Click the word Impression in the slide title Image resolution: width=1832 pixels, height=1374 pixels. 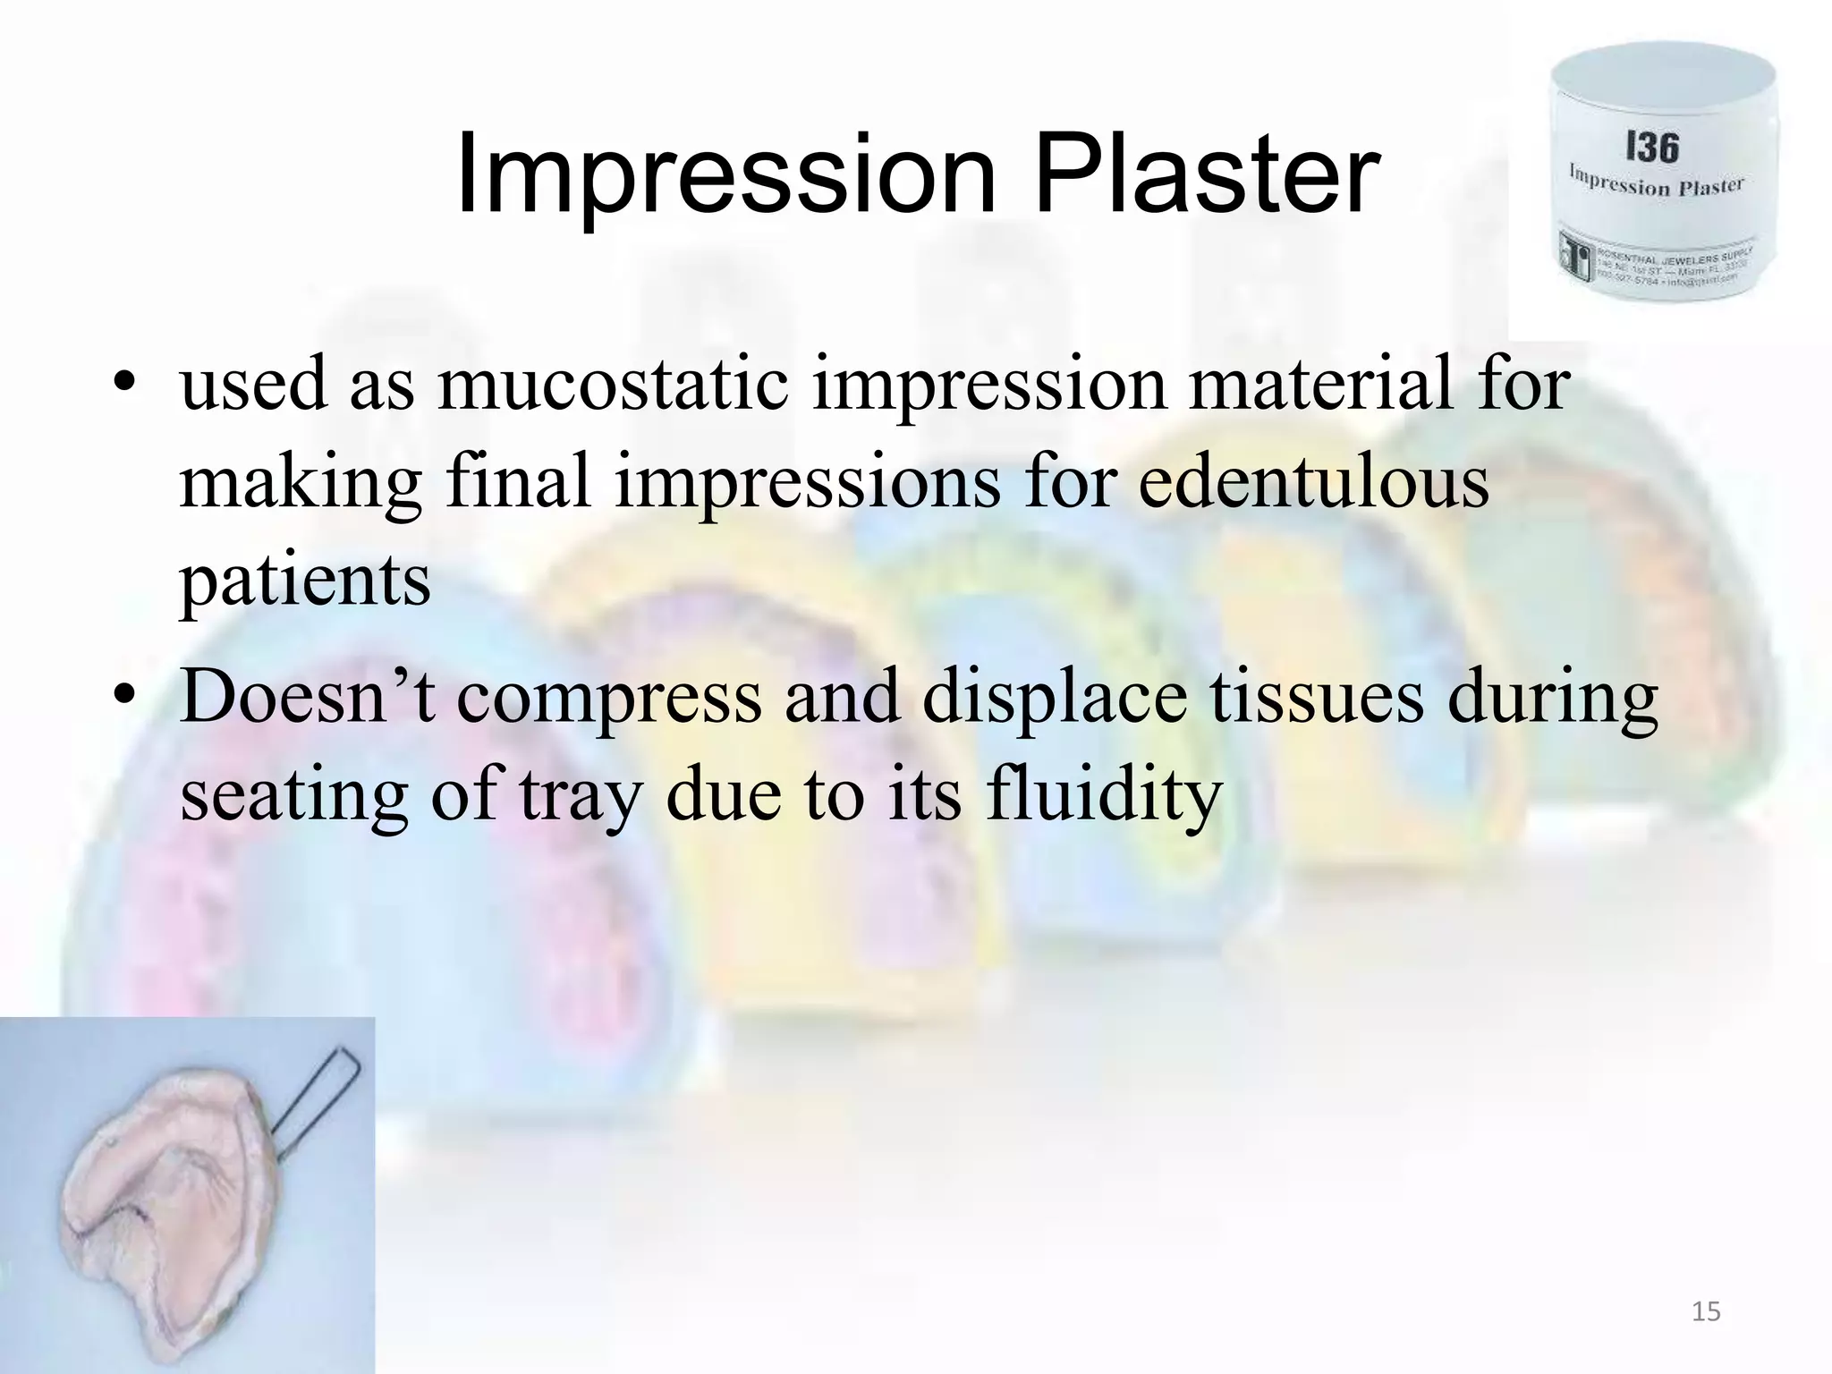(x=725, y=174)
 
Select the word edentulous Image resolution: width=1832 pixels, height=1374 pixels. (x=1313, y=483)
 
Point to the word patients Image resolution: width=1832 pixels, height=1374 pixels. (x=305, y=581)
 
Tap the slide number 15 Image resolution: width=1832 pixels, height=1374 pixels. (x=1706, y=1312)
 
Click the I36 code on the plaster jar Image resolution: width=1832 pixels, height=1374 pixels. (x=1651, y=148)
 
